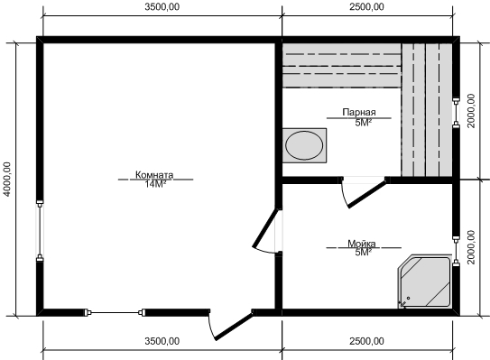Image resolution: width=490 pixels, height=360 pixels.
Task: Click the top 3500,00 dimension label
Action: [x=162, y=7]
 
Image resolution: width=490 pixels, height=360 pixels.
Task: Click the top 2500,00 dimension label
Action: [x=366, y=7]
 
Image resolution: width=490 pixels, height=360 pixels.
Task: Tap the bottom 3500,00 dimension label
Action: [x=162, y=341]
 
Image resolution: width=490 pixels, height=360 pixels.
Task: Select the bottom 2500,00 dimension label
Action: [x=366, y=341]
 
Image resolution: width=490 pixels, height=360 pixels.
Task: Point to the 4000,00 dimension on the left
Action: [x=7, y=179]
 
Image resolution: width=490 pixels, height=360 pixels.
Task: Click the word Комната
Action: [x=154, y=174]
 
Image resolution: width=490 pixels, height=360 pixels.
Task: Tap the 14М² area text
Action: [x=155, y=184]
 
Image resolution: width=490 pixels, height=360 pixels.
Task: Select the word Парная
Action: [x=359, y=112]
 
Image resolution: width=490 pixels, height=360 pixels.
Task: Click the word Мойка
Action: [x=362, y=243]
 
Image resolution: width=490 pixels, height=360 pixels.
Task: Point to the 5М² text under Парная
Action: [x=363, y=123]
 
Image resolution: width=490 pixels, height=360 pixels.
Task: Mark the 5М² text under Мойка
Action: [x=363, y=253]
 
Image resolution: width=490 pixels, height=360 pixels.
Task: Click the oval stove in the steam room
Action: [x=304, y=145]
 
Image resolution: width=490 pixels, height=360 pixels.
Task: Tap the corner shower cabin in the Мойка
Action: [x=425, y=282]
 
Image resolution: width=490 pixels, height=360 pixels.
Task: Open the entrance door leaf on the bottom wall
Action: [x=234, y=327]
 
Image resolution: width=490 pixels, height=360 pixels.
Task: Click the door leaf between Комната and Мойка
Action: [x=265, y=227]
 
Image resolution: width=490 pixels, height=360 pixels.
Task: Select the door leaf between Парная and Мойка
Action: [x=367, y=195]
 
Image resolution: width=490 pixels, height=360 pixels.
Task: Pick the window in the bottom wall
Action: [x=116, y=312]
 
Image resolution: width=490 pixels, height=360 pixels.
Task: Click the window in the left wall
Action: [x=40, y=231]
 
